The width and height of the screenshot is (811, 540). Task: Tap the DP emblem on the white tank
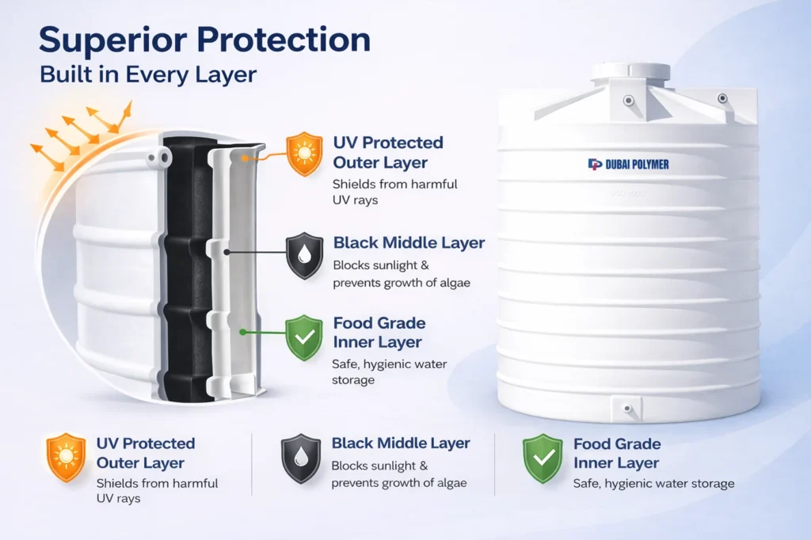click(x=595, y=164)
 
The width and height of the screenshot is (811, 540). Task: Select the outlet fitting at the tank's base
click(x=627, y=409)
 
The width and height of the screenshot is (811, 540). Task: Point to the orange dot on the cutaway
click(x=246, y=158)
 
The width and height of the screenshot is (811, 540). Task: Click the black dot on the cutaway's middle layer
click(x=227, y=253)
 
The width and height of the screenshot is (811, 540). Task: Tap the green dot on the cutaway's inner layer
click(x=242, y=333)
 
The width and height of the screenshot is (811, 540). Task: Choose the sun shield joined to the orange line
click(x=305, y=154)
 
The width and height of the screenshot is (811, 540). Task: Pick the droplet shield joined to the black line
click(x=305, y=254)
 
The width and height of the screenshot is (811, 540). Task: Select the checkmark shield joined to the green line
click(x=305, y=337)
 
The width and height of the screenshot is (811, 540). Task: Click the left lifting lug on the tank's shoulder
click(x=628, y=101)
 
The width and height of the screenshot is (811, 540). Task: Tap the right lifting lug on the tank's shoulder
click(x=722, y=98)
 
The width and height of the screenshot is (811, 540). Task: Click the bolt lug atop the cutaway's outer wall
click(x=159, y=159)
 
